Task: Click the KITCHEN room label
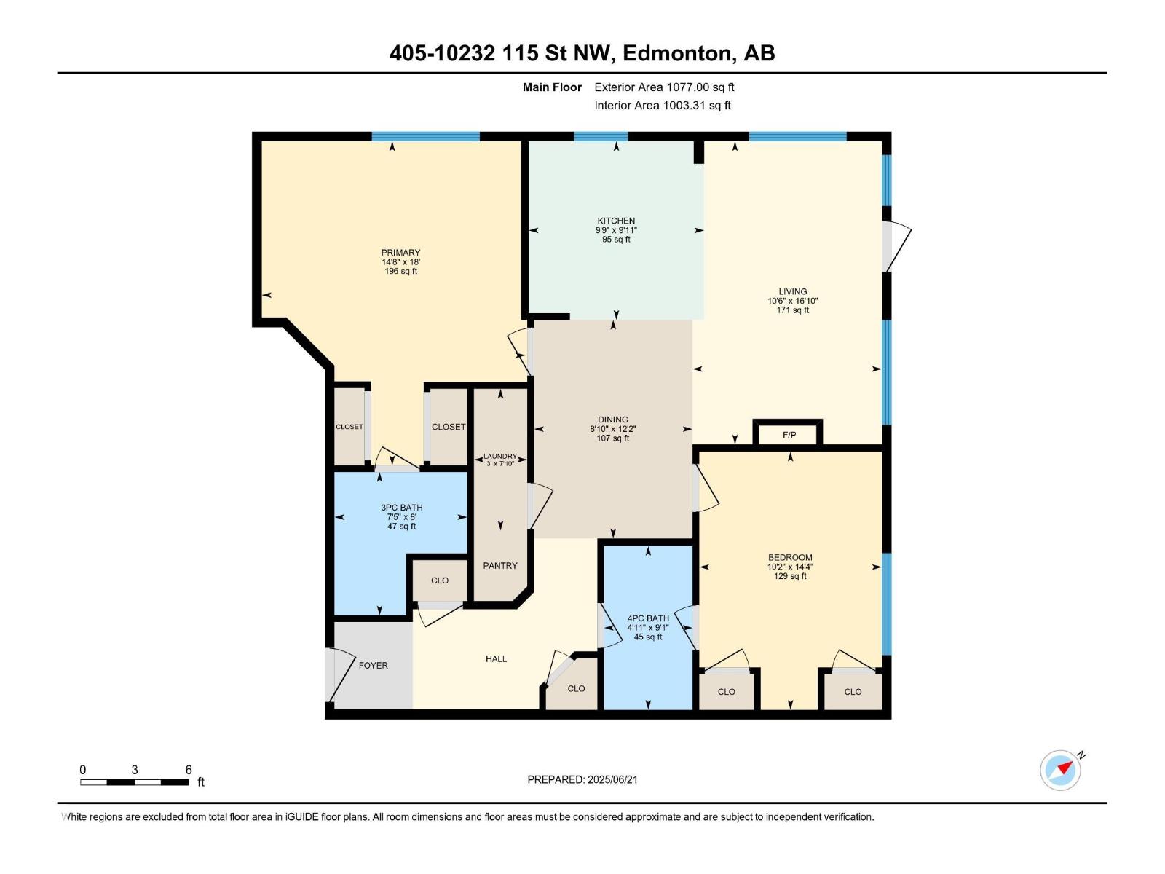pos(616,221)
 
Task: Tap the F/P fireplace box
pos(789,435)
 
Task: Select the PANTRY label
pos(500,565)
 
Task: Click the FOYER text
pos(373,665)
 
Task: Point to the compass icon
pos(1060,770)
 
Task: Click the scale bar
pos(135,782)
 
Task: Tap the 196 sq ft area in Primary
pos(400,271)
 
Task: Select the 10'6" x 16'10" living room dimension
pos(793,301)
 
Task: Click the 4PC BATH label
pos(648,618)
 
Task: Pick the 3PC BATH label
pos(401,508)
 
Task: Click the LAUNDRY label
pos(500,456)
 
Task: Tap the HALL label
pos(496,658)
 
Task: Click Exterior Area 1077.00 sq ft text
pos(664,87)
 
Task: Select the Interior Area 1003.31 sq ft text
pos(662,105)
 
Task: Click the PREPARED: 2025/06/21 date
pos(582,779)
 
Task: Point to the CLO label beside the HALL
pos(576,688)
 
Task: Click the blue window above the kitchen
pos(601,136)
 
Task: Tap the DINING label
pos(613,420)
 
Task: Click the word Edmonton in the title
pos(677,53)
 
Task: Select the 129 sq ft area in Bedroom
pos(790,576)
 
